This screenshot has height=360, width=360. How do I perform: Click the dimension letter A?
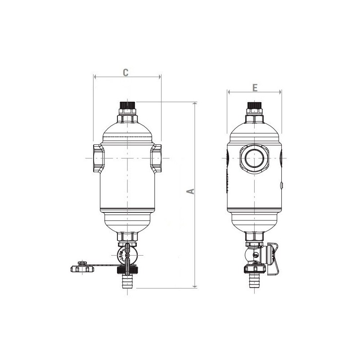coord(191,191)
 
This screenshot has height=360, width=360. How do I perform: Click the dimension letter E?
coord(255,88)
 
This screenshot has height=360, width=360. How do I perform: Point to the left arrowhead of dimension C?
coord(95,77)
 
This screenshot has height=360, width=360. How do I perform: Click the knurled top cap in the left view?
coord(127,108)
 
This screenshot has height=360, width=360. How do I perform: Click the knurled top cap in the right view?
coord(255,108)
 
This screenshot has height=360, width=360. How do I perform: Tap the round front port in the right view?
coord(255,158)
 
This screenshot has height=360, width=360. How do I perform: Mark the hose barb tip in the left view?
coord(127,285)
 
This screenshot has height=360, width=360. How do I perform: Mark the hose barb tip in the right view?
coord(255,285)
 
